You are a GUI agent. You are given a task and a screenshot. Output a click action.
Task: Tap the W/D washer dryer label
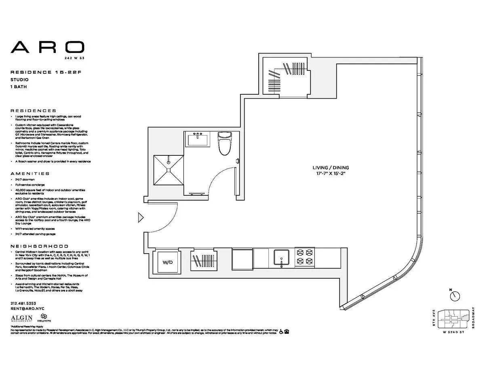click(167, 262)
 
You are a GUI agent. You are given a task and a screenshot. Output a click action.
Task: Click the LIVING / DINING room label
click(330, 167)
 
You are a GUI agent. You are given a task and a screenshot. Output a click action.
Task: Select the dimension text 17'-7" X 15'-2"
click(330, 173)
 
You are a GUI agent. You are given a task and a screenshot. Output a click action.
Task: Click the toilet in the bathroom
click(223, 143)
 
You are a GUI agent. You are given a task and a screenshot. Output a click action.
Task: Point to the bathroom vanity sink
click(198, 140)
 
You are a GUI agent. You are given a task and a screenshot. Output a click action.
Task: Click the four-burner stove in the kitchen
click(304, 256)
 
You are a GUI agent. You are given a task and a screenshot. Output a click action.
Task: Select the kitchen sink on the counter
click(281, 257)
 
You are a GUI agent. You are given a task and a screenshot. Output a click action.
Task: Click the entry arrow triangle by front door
click(141, 218)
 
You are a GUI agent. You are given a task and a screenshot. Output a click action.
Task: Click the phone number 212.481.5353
click(23, 303)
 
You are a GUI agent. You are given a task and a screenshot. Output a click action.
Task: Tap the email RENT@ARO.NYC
click(27, 309)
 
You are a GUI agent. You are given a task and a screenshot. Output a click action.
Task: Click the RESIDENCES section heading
click(33, 110)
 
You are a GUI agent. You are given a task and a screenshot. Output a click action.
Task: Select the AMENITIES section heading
click(30, 174)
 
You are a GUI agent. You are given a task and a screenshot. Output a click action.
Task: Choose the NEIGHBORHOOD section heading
click(39, 246)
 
